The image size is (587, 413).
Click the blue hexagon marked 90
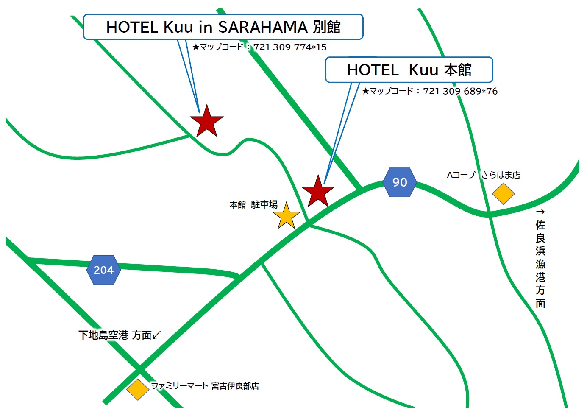point(400,182)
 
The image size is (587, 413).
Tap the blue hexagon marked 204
point(103,270)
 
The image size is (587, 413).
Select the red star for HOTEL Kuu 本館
point(318,192)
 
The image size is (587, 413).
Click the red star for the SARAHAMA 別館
point(207,122)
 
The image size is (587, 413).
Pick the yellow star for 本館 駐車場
point(287,216)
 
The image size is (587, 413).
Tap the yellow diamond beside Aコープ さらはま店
point(503,194)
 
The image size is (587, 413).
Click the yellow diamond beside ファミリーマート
point(138,389)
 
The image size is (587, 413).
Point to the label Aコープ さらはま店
point(483,175)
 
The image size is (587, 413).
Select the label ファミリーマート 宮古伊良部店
point(205,386)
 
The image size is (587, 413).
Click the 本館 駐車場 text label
point(253,205)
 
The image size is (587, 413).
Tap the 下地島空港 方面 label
point(115,335)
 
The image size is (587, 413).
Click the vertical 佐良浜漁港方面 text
point(540,264)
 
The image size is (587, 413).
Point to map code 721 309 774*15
point(290,47)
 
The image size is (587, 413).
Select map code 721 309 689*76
point(460,91)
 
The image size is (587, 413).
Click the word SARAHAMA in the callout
point(263,27)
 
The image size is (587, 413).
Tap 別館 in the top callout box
point(327,27)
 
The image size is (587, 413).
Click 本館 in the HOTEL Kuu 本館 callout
point(458,70)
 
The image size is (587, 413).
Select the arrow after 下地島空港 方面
point(157,335)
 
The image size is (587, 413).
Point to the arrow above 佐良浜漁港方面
point(540,212)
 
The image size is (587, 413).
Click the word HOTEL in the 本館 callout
point(373,70)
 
